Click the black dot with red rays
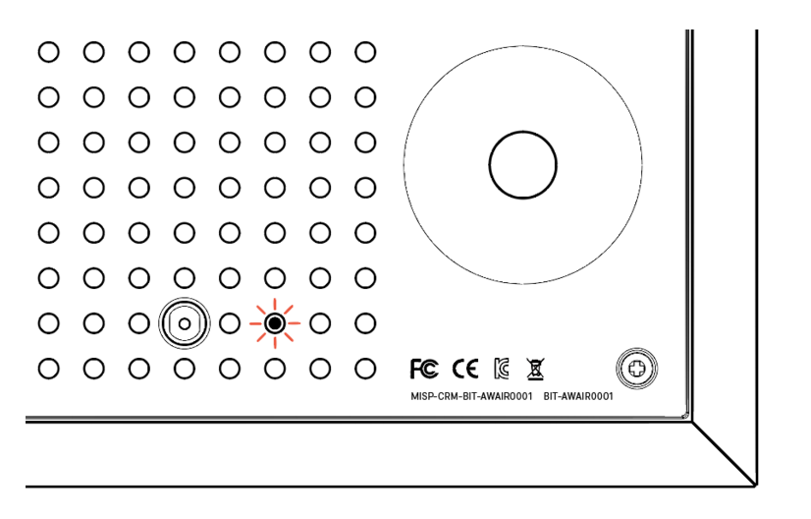[x=275, y=322]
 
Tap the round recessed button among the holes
[x=185, y=322]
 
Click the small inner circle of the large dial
[x=522, y=163]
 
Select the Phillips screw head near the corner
[x=637, y=370]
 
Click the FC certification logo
[x=424, y=370]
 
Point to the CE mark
[x=464, y=370]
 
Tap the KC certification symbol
[x=500, y=370]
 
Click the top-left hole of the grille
[x=48, y=51]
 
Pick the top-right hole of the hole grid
[x=365, y=51]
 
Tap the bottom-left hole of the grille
[x=48, y=369]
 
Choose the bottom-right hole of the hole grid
[x=365, y=369]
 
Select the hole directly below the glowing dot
[x=275, y=369]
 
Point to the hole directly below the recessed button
[x=185, y=369]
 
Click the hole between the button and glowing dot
[x=230, y=322]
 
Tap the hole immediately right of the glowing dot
[x=320, y=322]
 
